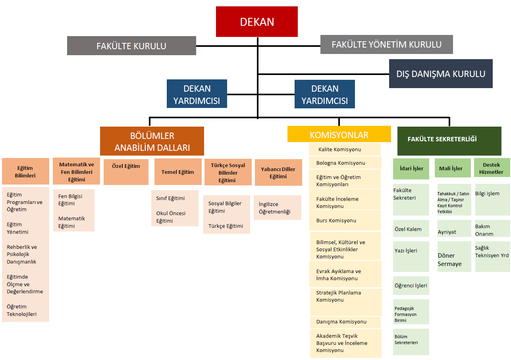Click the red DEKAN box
(256, 22)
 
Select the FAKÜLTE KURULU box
(131, 46)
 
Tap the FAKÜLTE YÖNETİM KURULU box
(386, 44)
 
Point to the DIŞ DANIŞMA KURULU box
(441, 74)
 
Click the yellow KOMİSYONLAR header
(339, 134)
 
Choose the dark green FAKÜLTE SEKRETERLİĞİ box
(449, 141)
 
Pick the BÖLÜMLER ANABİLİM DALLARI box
(152, 141)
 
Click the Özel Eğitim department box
(126, 172)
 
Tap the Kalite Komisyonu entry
(345, 149)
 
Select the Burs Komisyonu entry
(345, 220)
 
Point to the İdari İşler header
(411, 169)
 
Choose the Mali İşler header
(453, 168)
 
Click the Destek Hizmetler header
(492, 167)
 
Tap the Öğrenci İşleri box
(411, 285)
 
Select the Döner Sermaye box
(454, 256)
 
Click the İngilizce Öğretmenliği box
(278, 208)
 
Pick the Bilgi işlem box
(492, 200)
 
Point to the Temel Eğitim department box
(178, 172)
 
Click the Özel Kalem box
(411, 229)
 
